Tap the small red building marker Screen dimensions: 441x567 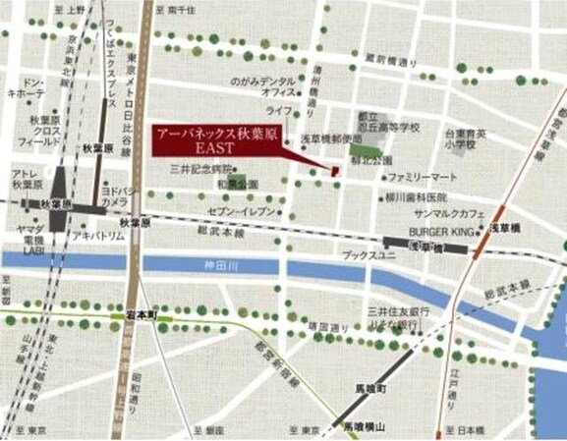pos(333,173)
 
